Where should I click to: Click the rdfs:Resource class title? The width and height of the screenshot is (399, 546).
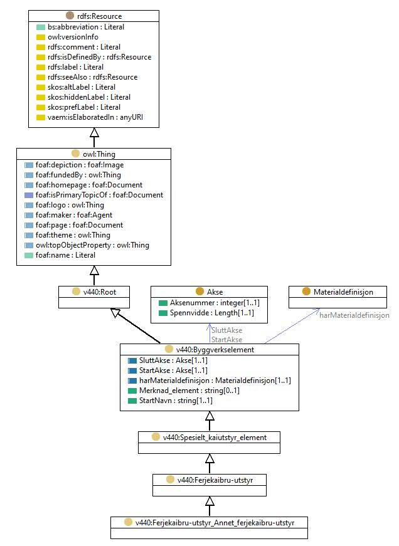click(99, 16)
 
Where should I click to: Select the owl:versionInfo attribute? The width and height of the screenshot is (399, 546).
click(73, 37)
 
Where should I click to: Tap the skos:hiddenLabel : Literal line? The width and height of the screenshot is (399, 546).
click(89, 97)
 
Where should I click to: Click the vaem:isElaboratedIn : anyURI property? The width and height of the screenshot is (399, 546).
click(95, 117)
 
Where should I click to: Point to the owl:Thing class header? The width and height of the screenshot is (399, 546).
click(99, 154)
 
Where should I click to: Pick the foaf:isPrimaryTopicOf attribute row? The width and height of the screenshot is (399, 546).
click(99, 195)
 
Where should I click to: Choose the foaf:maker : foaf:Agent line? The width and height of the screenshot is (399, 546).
click(74, 215)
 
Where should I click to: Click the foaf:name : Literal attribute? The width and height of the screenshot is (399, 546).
click(65, 255)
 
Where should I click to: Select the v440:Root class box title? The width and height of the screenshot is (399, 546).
click(100, 291)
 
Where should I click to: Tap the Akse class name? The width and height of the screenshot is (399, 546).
click(215, 291)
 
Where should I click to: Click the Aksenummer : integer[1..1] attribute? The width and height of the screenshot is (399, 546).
click(215, 303)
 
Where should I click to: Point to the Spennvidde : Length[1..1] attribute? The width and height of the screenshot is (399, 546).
click(212, 313)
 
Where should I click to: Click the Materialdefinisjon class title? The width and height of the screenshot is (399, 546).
click(343, 291)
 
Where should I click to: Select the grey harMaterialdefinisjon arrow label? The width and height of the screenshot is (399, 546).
click(354, 315)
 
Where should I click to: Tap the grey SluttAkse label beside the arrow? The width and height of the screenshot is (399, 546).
click(227, 330)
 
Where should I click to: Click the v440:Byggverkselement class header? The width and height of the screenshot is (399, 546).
click(215, 350)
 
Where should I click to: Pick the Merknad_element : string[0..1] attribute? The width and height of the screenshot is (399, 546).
click(189, 391)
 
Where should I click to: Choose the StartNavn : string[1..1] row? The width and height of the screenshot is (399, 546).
click(176, 401)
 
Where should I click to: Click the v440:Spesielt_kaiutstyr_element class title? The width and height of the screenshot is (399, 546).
click(215, 438)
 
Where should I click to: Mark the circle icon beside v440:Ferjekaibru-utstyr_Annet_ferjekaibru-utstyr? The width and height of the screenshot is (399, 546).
click(128, 522)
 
